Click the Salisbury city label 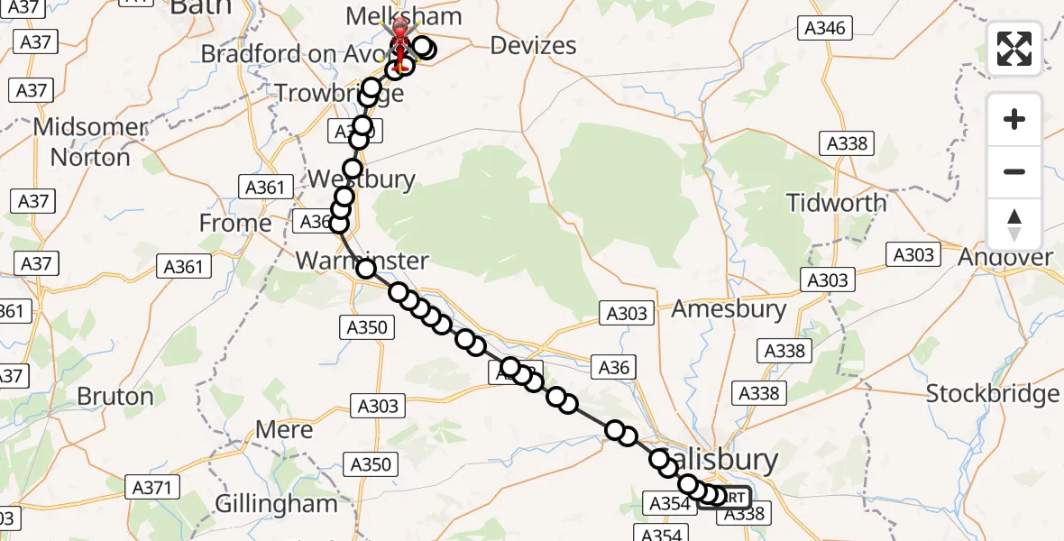click(721, 460)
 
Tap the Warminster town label click(362, 261)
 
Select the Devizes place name click(533, 45)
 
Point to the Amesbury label click(729, 309)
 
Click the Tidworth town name click(837, 202)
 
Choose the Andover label click(1005, 257)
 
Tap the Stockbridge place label click(993, 394)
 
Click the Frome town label click(235, 223)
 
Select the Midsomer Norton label click(90, 142)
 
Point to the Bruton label click(115, 396)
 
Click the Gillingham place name click(277, 503)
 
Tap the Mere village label click(284, 429)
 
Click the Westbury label click(362, 179)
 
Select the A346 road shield click(825, 28)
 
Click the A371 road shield click(154, 488)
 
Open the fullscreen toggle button click(1014, 49)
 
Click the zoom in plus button click(1014, 119)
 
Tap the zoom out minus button click(1014, 171)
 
